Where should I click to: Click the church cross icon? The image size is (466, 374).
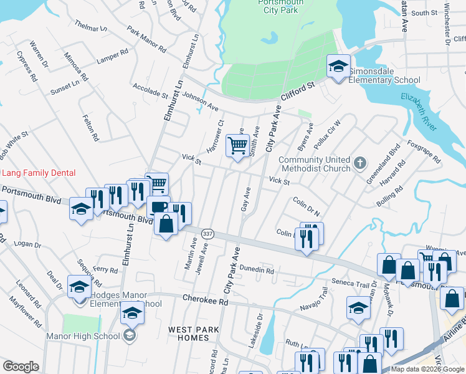(x=359, y=164)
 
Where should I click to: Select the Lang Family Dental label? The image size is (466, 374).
(x=39, y=173)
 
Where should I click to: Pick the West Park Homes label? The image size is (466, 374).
(x=189, y=333)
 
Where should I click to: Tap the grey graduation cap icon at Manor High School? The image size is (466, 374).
(x=130, y=337)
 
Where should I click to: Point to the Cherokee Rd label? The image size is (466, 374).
(x=205, y=300)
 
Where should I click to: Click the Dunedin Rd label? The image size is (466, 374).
(x=257, y=271)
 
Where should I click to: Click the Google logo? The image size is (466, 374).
(x=21, y=367)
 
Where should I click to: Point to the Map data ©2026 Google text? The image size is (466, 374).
(x=426, y=369)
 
